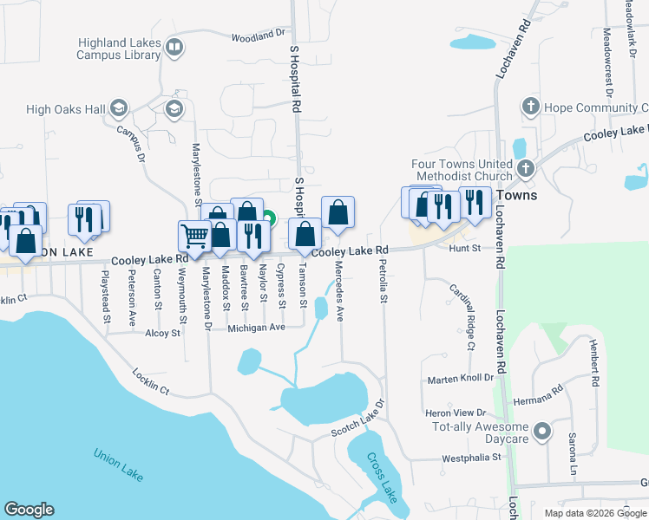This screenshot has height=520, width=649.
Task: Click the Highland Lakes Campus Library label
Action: pos(119,48)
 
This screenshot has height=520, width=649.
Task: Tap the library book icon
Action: pos(174,48)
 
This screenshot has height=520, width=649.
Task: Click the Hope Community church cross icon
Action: pos(530,107)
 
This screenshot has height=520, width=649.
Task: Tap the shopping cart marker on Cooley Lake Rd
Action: pos(194,234)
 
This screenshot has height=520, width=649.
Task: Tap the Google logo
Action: pos(29,510)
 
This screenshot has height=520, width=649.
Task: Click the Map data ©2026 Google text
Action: pos(595,513)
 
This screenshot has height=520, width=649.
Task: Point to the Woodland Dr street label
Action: pos(258,36)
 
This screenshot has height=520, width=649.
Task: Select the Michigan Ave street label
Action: pos(257,328)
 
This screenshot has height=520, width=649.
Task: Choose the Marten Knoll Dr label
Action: pos(460,380)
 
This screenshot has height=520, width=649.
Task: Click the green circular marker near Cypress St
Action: pos(269,220)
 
